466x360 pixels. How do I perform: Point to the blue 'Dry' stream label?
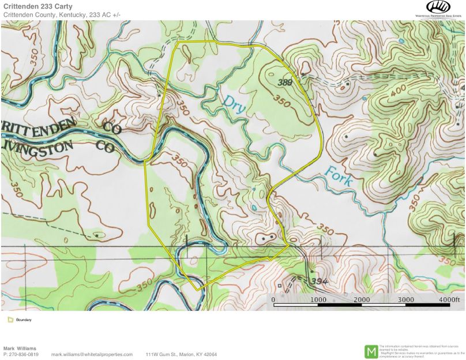point(235,104)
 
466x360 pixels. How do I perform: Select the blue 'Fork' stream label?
point(339,175)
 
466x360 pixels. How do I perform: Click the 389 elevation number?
point(284,83)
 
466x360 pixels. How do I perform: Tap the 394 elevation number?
point(320,280)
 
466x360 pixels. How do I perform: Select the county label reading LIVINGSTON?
point(37,148)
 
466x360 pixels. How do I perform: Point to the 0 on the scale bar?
point(273,300)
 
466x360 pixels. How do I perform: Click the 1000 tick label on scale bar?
point(318,300)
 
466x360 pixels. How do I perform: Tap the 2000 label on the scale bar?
point(362,300)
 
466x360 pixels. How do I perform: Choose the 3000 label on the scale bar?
point(406,300)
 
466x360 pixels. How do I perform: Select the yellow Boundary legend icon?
point(10,320)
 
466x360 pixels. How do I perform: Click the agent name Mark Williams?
point(20,348)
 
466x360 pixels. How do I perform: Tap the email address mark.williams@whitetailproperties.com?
point(92,354)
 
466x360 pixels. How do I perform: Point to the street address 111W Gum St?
point(161,354)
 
